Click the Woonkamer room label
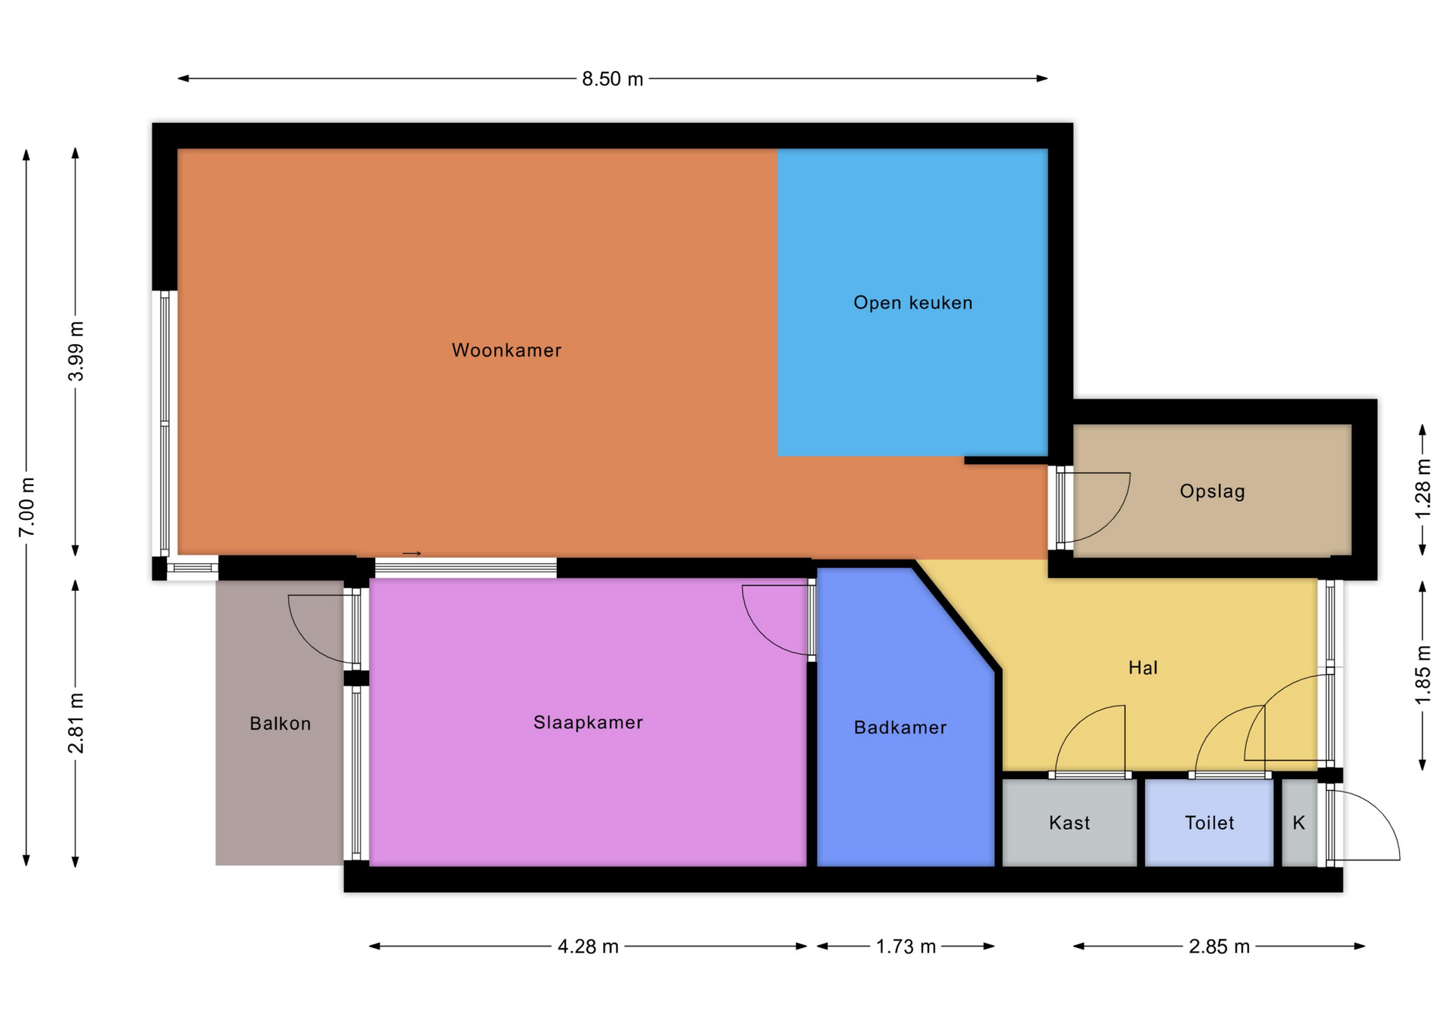pyautogui.click(x=506, y=350)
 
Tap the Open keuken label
pyautogui.click(x=913, y=303)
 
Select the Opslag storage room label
pyautogui.click(x=1212, y=491)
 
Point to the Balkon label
pyautogui.click(x=280, y=724)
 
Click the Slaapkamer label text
pyautogui.click(x=588, y=722)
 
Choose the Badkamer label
pyautogui.click(x=900, y=728)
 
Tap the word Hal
pyautogui.click(x=1143, y=667)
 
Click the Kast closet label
pyautogui.click(x=1069, y=823)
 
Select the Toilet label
pyautogui.click(x=1209, y=823)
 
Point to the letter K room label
pyautogui.click(x=1299, y=823)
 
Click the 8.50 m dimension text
pyautogui.click(x=612, y=79)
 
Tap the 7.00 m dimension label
pyautogui.click(x=27, y=507)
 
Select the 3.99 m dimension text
pyautogui.click(x=76, y=351)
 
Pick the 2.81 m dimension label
pyautogui.click(x=76, y=723)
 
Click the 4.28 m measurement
pyautogui.click(x=588, y=947)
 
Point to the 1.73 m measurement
pyautogui.click(x=906, y=947)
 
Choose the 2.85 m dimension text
pyautogui.click(x=1219, y=947)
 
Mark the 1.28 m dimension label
pyautogui.click(x=1423, y=488)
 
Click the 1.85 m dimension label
pyautogui.click(x=1423, y=675)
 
